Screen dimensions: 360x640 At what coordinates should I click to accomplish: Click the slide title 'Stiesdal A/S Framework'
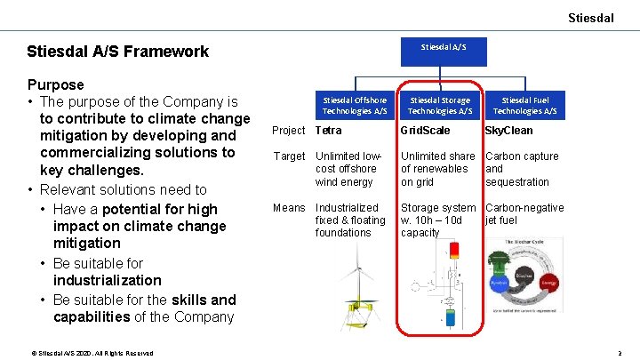tap(118, 52)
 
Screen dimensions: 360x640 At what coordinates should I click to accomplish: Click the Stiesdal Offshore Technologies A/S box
tap(355, 105)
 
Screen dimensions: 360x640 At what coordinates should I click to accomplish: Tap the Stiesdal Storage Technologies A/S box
tap(440, 105)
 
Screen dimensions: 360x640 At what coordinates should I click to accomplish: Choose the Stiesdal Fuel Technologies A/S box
tap(524, 105)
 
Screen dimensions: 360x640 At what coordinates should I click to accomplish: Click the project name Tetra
tap(328, 131)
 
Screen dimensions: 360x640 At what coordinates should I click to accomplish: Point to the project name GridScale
tap(425, 131)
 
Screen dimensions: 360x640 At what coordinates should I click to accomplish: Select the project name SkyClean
tap(508, 131)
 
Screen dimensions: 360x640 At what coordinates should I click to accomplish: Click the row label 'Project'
tap(288, 131)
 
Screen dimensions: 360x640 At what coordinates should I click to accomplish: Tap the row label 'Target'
tap(288, 156)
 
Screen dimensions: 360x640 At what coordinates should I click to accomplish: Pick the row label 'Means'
tap(288, 208)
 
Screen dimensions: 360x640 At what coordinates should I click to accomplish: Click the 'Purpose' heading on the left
tap(56, 85)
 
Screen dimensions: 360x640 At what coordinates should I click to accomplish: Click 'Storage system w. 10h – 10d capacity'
tap(438, 220)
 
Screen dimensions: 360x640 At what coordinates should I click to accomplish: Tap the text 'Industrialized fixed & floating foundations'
tap(350, 220)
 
